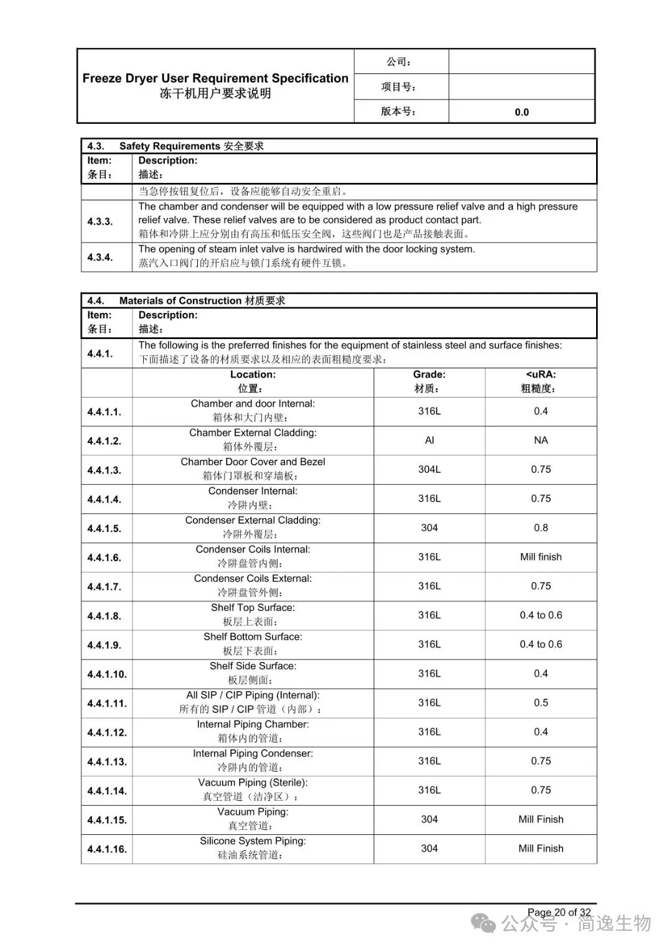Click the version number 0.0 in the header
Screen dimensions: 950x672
coord(521,112)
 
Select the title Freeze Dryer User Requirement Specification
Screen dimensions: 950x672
coord(215,78)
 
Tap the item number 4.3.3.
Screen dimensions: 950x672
coord(100,221)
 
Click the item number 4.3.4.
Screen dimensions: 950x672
coord(100,257)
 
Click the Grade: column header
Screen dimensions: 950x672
coord(429,375)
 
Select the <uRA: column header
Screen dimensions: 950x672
coord(541,375)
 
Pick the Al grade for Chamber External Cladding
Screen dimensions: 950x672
coord(429,440)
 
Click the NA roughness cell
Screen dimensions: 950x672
coord(541,440)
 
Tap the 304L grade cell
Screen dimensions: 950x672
coord(429,470)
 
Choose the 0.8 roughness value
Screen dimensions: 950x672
coord(541,528)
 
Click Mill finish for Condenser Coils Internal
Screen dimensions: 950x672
coord(541,557)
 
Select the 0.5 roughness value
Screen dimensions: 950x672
coord(541,702)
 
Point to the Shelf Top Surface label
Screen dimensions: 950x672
coord(253,608)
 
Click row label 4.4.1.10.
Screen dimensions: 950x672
coord(107,674)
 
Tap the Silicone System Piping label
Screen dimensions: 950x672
coord(253,841)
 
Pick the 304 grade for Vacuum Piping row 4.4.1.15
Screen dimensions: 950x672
coord(429,819)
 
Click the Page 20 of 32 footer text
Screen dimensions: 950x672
coord(559,913)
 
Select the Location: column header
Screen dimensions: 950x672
coord(253,375)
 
